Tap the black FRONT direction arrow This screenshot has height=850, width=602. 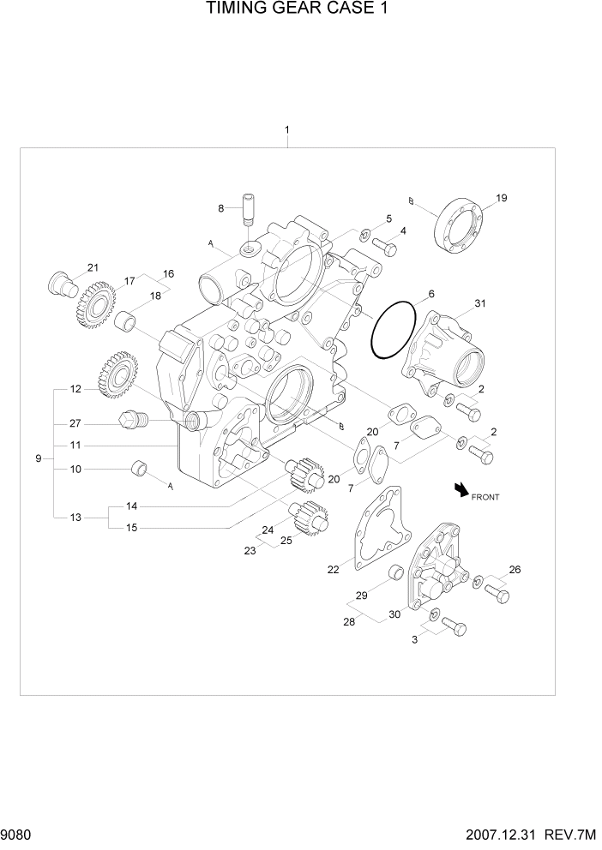click(x=462, y=489)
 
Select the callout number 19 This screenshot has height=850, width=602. click(x=502, y=198)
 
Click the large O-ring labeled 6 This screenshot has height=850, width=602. click(x=397, y=331)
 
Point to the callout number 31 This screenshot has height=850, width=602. click(x=480, y=303)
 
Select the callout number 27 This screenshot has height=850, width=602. click(x=75, y=422)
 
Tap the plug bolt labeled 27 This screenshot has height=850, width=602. click(x=132, y=419)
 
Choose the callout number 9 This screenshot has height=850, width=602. click(x=38, y=459)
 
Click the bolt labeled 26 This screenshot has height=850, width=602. click(x=496, y=593)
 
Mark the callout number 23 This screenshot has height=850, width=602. click(x=250, y=551)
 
